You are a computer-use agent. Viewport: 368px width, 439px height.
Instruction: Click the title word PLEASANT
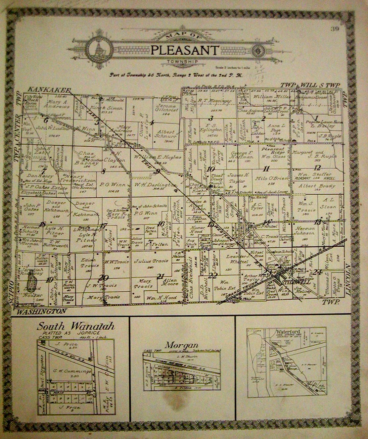coord(185,50)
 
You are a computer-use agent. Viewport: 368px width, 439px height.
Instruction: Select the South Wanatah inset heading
coord(76,327)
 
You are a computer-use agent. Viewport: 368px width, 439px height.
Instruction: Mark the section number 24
coord(318,272)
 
